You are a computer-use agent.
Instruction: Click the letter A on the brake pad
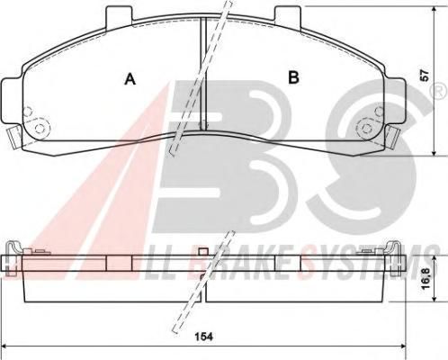130,78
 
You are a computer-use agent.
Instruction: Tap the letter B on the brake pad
293,77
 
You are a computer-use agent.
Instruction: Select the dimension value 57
425,76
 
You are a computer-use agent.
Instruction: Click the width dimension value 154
203,337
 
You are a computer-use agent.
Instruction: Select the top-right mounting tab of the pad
288,16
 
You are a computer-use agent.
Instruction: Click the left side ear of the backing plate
12,101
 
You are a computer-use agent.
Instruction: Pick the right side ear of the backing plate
395,101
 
